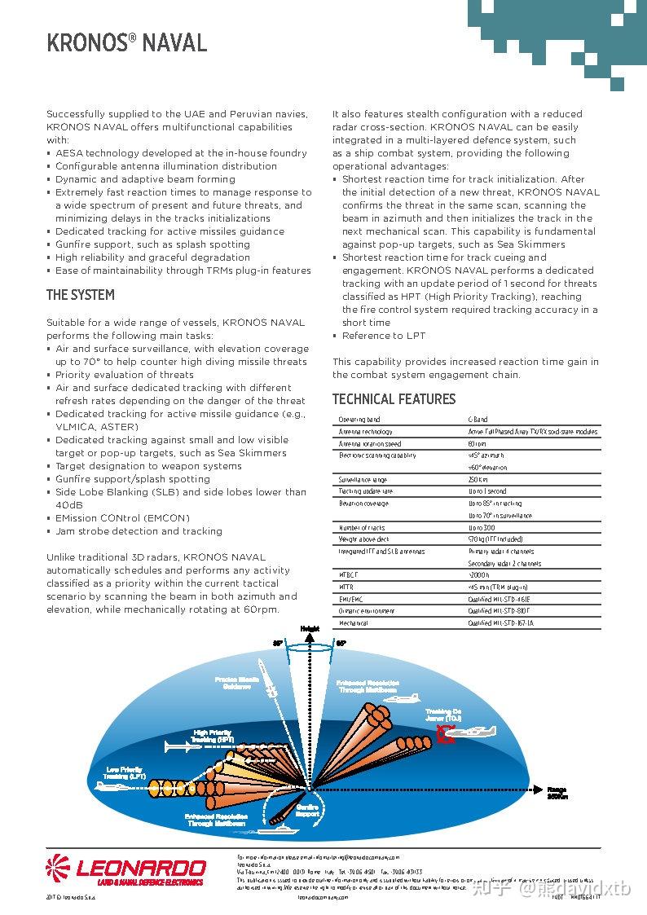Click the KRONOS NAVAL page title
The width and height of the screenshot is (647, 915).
click(x=126, y=42)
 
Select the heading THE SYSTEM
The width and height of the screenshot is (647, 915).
click(x=80, y=295)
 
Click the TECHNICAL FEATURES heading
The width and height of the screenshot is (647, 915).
click(x=394, y=399)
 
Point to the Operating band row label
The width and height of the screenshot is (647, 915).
click(x=359, y=420)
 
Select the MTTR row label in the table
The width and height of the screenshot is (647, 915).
click(x=346, y=587)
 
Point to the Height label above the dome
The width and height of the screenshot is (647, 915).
click(x=310, y=628)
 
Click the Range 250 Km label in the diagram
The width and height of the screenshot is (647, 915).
click(x=557, y=793)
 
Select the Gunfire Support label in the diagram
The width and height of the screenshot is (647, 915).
click(x=308, y=810)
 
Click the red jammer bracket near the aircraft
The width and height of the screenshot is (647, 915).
click(x=443, y=734)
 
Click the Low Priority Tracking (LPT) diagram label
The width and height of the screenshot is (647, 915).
click(x=125, y=773)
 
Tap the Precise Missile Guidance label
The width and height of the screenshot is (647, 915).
click(x=237, y=683)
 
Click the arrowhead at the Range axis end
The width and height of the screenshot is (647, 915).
click(x=537, y=789)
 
